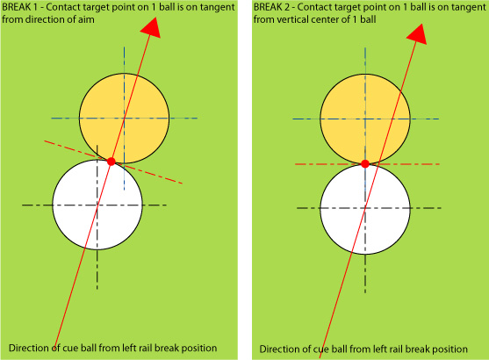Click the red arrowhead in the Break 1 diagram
[151, 29]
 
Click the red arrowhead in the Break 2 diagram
[417, 34]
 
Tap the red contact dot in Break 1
[111, 162]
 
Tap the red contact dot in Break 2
[365, 164]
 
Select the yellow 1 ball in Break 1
[124, 119]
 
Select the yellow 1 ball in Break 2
[365, 119]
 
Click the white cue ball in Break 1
[97, 205]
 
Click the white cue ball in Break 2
[365, 209]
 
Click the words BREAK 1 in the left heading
[19, 7]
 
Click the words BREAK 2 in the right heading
[271, 7]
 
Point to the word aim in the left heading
[86, 19]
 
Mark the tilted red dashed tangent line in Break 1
[113, 162]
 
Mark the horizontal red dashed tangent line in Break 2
[367, 164]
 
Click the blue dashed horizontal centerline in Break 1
[124, 119]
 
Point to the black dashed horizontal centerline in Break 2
[369, 208]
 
